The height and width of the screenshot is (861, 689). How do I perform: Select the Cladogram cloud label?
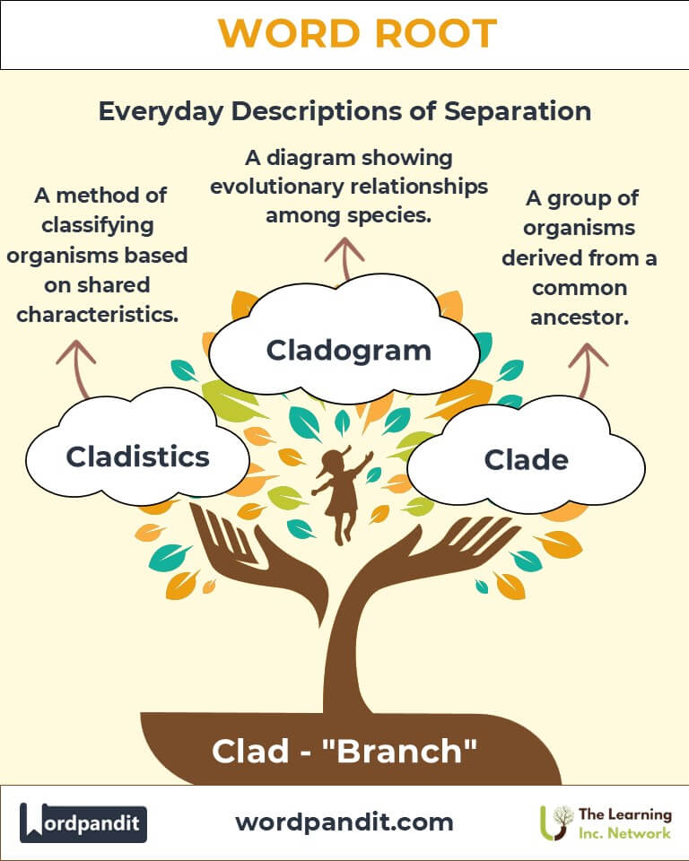[348, 350]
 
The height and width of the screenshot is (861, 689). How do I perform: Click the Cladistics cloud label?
[137, 457]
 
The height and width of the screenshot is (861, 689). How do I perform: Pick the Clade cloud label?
[526, 460]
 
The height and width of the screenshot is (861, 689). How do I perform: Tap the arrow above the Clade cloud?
[589, 367]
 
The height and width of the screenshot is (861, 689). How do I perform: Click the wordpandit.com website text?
[344, 822]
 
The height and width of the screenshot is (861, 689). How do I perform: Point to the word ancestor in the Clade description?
[579, 317]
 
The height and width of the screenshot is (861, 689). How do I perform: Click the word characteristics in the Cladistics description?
[98, 315]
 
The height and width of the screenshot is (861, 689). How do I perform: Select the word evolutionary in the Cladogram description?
[313, 187]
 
